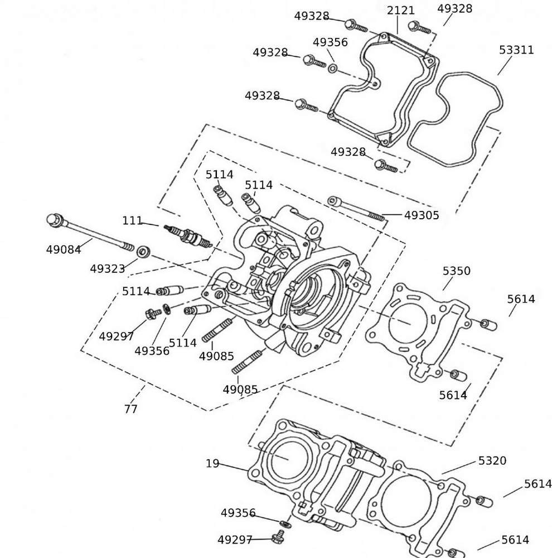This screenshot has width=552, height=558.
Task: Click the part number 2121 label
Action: click(400, 11)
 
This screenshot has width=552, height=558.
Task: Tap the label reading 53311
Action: click(516, 50)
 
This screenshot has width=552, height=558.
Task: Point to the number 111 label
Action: click(132, 220)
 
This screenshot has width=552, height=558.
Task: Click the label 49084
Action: click(63, 249)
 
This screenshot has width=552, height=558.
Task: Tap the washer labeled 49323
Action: click(143, 251)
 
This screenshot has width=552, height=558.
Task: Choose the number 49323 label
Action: click(107, 269)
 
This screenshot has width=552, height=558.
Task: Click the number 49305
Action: click(422, 215)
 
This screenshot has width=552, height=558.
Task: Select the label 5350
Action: click(456, 271)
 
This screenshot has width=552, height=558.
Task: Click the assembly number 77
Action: click(130, 409)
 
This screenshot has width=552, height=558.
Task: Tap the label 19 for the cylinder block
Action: click(212, 463)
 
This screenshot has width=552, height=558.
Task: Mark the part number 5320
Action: click(492, 460)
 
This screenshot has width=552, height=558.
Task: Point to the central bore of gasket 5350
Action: click(407, 322)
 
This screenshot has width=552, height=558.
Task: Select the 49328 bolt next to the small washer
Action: click(314, 60)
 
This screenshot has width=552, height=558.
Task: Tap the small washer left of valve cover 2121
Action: click(332, 69)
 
